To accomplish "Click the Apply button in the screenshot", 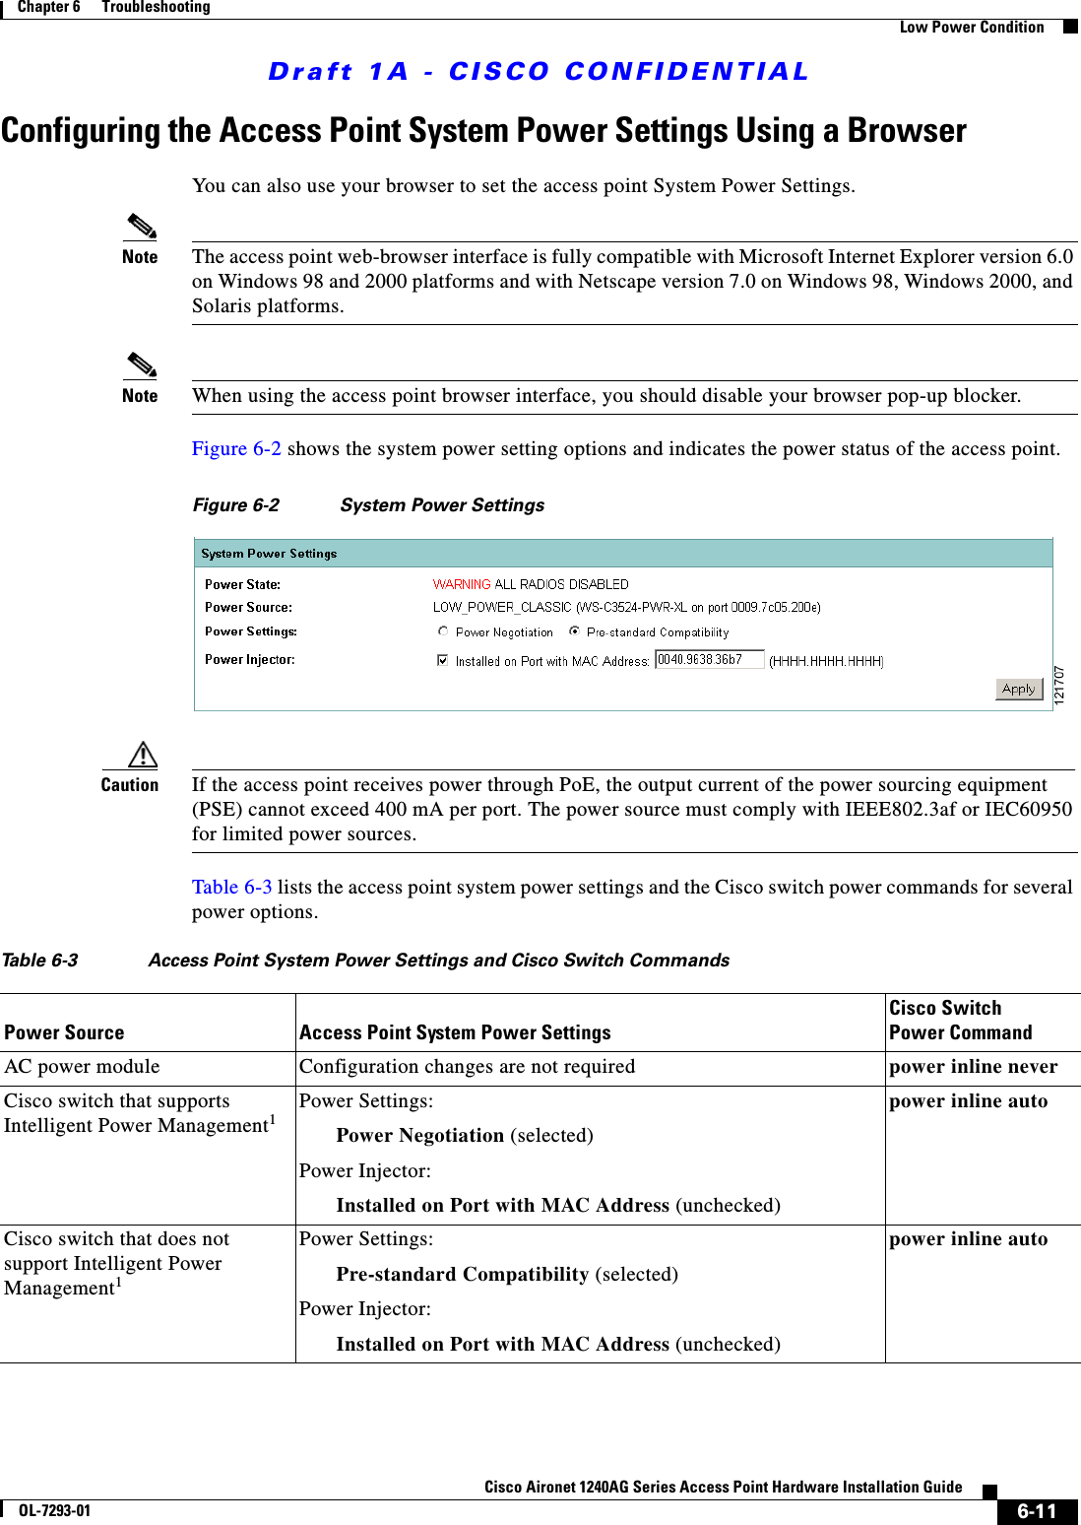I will click(1019, 689).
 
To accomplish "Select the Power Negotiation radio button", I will click(443, 631).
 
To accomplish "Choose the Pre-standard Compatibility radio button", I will click(574, 631).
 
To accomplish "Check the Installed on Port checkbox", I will click(443, 660).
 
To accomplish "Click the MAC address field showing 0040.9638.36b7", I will click(709, 660).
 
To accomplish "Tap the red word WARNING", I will click(461, 584).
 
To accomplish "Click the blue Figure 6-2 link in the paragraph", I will click(236, 449).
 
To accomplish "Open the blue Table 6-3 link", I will click(231, 888).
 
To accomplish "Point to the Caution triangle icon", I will click(143, 755).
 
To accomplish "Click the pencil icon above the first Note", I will click(141, 227).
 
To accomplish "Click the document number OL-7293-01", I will click(54, 1511).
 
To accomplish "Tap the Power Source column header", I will click(65, 1032).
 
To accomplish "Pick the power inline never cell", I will click(973, 1067).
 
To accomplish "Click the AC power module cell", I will click(82, 1067).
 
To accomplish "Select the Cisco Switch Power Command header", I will click(960, 1021).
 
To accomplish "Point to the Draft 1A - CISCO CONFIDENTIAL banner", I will click(539, 72).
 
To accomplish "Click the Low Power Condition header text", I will click(971, 28).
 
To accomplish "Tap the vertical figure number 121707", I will click(1059, 685).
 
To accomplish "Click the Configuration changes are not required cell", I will click(467, 1067).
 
